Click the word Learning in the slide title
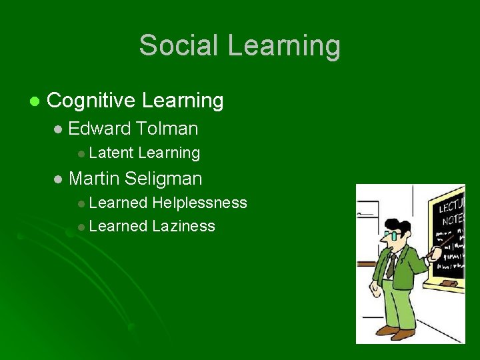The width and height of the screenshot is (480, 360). tap(284, 45)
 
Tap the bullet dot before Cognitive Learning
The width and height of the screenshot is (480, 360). tap(34, 102)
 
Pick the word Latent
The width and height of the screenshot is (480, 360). tap(111, 153)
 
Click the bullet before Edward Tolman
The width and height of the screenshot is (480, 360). tap(58, 129)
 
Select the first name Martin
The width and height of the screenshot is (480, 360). tap(94, 179)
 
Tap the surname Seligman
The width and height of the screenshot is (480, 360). tap(163, 179)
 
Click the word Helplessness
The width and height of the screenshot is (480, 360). tap(199, 203)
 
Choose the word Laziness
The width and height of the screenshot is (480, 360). tap(183, 226)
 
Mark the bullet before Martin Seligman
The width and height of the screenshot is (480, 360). tap(58, 179)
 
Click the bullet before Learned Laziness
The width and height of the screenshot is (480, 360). tap(81, 227)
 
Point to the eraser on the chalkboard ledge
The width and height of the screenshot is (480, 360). tap(450, 283)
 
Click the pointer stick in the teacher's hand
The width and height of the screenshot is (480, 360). tap(446, 244)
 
